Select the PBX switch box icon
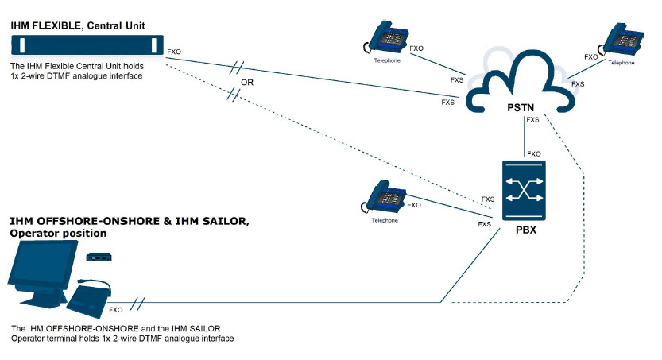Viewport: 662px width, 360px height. tap(524, 191)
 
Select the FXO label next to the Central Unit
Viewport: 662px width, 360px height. tap(174, 52)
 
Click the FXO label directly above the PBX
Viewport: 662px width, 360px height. tap(534, 153)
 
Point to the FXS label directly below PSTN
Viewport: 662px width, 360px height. tap(532, 120)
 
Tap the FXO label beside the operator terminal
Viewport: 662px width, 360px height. tap(116, 310)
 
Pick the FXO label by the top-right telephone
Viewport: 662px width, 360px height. tap(590, 57)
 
